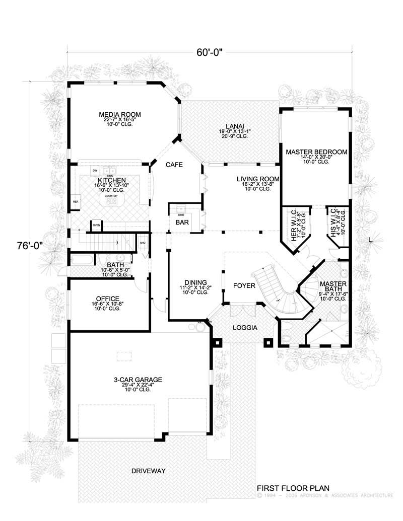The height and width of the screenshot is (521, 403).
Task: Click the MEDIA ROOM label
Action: click(x=119, y=114)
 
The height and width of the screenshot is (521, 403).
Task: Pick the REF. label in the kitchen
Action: click(x=76, y=202)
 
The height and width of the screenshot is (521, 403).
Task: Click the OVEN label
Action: click(x=96, y=226)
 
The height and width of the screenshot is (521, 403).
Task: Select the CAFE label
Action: click(x=174, y=165)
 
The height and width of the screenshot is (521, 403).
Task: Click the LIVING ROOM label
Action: click(x=258, y=179)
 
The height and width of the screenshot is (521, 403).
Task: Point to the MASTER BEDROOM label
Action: click(x=316, y=152)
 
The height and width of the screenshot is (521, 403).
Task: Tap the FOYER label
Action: click(x=244, y=286)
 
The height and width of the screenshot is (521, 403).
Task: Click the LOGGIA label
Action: click(x=245, y=328)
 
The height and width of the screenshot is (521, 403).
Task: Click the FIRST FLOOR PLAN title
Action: click(x=293, y=488)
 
